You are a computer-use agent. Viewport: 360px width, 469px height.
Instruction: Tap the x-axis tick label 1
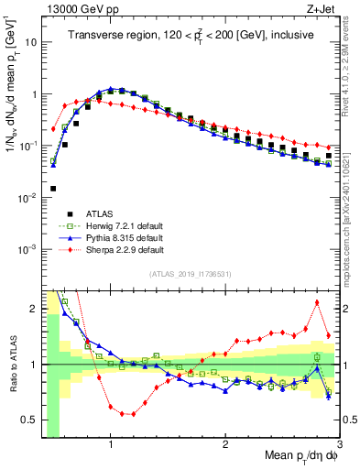(111, 443)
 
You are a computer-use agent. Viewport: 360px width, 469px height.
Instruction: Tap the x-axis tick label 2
(225, 443)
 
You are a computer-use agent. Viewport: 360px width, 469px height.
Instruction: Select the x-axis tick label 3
(338, 443)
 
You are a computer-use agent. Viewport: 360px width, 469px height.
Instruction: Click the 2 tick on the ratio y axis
(32, 309)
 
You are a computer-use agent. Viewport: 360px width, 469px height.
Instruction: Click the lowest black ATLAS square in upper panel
(52, 189)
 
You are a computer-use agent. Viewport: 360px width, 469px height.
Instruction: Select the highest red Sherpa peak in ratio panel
(317, 302)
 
